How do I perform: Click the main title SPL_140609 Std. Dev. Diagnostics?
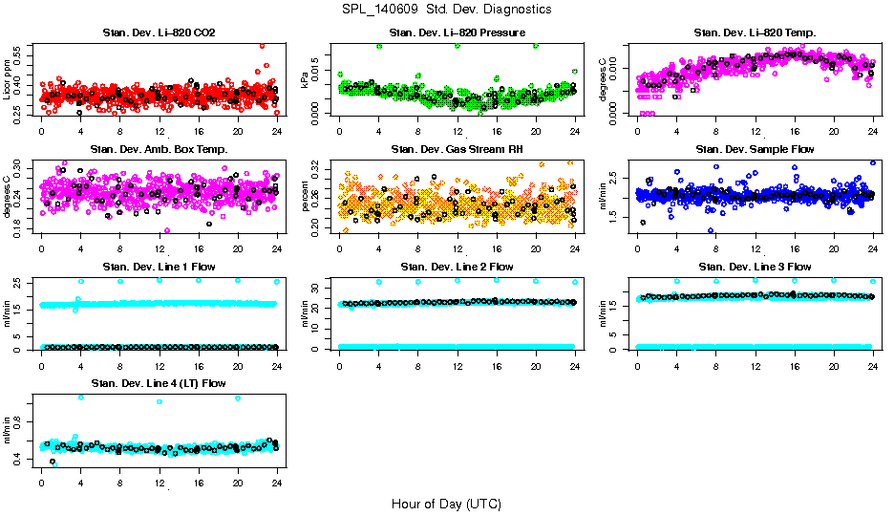446,10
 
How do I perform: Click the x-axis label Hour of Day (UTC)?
446,504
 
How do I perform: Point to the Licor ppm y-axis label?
7,80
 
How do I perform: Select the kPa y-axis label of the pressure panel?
305,80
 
